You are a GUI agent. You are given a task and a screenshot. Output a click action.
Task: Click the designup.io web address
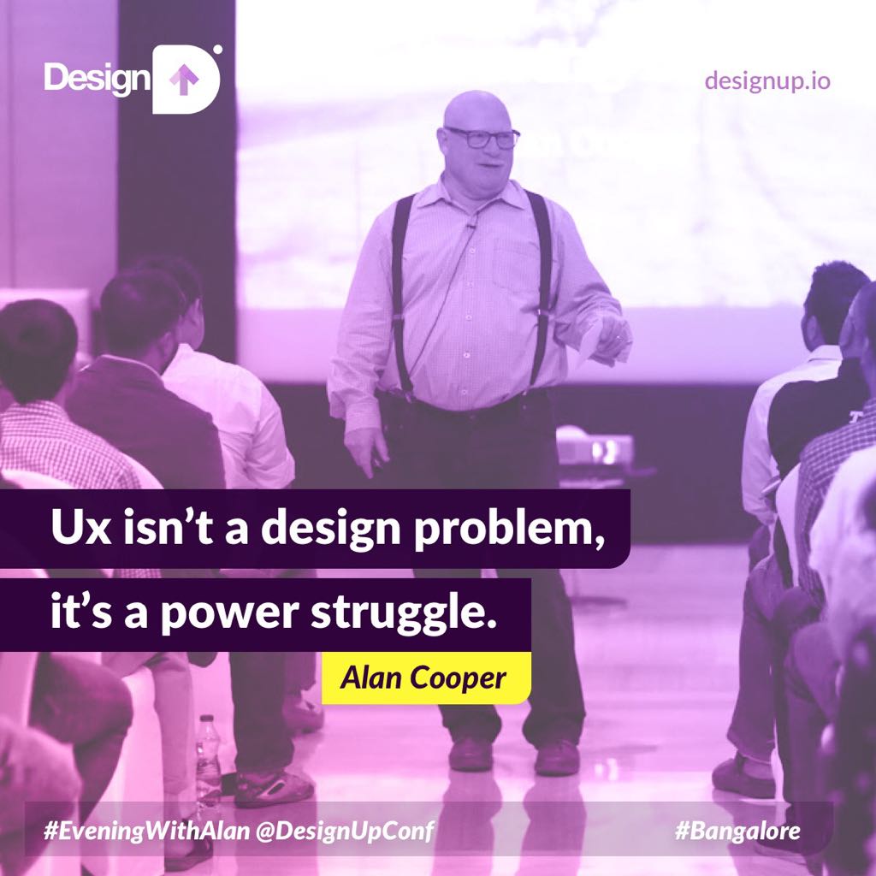point(766,81)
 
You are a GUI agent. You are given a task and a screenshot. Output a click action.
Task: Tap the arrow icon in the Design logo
point(183,80)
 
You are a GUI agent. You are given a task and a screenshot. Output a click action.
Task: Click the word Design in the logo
point(97,80)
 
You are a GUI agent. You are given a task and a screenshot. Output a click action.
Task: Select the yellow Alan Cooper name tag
point(425,678)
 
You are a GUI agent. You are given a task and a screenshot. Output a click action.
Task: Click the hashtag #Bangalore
point(737,830)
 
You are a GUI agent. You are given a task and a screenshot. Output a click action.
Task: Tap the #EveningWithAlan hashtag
point(128,830)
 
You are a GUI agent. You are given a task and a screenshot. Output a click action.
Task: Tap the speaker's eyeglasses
point(482,137)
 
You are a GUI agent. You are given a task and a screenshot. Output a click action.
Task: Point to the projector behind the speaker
point(595,447)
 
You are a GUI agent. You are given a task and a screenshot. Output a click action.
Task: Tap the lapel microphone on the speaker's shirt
point(470,224)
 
